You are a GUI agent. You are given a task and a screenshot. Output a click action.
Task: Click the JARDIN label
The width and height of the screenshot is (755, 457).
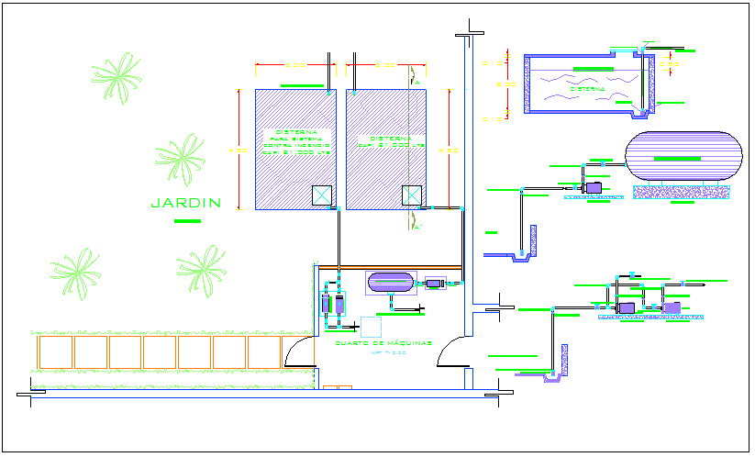point(186,203)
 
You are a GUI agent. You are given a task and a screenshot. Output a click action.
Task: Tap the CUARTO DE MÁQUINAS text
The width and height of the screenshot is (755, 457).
point(372,343)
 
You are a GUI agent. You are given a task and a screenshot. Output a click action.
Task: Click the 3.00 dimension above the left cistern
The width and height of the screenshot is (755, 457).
point(294,66)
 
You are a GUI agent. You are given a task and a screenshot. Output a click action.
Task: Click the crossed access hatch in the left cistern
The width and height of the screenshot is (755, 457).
point(323,195)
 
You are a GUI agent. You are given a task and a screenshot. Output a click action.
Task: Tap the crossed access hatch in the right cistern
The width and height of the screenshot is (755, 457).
point(413,195)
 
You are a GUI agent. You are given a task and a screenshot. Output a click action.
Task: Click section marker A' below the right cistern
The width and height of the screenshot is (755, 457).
point(416,228)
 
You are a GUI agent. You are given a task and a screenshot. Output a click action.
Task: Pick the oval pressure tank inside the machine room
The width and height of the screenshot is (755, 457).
point(390,281)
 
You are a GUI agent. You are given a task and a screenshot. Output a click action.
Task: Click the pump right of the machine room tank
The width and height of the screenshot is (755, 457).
point(433,284)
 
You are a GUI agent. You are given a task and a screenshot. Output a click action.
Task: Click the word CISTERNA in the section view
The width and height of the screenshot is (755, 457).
point(587,90)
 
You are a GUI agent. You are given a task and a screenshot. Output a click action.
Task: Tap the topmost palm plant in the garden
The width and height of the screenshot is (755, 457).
point(117,77)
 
